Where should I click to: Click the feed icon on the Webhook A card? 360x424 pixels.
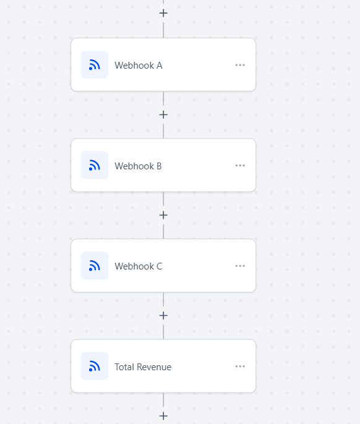95,65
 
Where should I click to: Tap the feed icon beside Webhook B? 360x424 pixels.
95,165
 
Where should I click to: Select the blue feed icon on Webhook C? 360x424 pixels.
95,266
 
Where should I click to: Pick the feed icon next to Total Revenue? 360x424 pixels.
95,366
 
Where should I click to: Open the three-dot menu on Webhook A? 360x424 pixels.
240,65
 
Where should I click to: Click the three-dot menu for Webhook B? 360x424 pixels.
240,166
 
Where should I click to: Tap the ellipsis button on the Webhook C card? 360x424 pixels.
240,266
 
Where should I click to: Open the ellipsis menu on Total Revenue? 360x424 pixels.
240,367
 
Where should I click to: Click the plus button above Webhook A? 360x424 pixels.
163,13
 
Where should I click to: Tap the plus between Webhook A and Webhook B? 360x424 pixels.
163,115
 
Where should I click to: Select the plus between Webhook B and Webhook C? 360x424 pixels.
163,215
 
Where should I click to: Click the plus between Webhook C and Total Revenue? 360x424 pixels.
163,316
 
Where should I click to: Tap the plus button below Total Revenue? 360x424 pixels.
163,416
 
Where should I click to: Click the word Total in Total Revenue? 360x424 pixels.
124,367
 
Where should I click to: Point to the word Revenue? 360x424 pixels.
154,367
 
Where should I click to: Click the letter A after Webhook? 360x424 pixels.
160,66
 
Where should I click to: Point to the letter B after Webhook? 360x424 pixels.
159,166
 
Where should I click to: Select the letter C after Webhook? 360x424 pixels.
160,266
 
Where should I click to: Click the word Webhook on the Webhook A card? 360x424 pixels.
134,66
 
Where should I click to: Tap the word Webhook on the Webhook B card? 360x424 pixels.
134,166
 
